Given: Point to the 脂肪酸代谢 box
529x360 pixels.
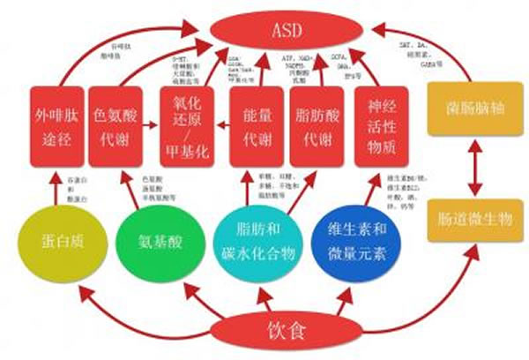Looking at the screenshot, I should point(317,125).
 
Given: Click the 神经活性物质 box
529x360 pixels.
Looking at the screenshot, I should point(381,125).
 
